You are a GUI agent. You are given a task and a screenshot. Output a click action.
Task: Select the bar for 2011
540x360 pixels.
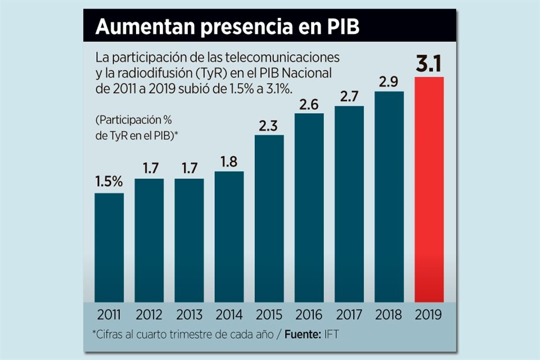pos(109,247)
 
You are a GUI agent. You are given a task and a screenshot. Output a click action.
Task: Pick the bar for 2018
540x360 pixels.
pos(389,196)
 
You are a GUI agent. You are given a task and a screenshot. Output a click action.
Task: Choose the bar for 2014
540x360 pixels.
pos(229,236)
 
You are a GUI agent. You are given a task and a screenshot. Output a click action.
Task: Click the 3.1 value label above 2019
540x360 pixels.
pos(429,64)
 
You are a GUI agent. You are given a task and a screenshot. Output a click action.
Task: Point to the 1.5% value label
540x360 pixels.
pos(109,182)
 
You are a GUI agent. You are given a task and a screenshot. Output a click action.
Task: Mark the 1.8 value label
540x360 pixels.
pos(229,161)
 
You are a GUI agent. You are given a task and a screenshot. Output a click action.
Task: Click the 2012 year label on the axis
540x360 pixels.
pos(149,314)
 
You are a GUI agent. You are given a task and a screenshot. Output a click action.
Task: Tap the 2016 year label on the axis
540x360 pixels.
pos(309,314)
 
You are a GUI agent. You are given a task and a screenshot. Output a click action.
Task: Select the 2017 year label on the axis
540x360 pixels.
pos(349,314)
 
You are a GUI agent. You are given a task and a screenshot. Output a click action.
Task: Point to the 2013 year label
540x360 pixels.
pos(189,314)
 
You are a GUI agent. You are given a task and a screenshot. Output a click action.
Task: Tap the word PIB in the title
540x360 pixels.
pos(341,27)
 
